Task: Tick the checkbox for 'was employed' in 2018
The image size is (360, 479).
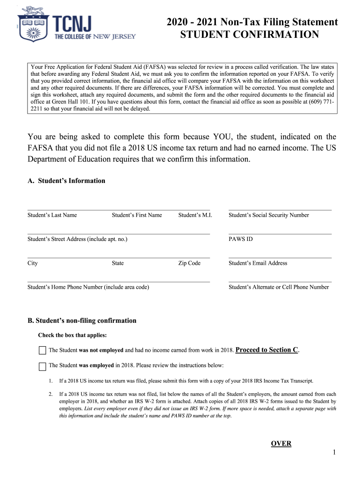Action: (x=43, y=366)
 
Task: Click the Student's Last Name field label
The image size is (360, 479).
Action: (x=52, y=215)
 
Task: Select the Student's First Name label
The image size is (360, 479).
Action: (x=137, y=215)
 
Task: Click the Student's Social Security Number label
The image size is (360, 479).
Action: (x=268, y=215)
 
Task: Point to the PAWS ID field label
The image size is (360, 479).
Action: (x=240, y=239)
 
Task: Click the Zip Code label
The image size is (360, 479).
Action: (x=189, y=263)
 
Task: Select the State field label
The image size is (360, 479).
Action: (x=118, y=263)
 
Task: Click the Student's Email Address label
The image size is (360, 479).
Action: (x=258, y=263)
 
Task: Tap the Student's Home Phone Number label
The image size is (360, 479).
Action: (x=88, y=287)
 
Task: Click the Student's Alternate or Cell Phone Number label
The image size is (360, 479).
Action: (x=279, y=287)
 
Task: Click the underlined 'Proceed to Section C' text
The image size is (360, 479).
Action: (x=267, y=350)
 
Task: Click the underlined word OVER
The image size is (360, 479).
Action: (x=281, y=443)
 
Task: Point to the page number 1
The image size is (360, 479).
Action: (x=335, y=452)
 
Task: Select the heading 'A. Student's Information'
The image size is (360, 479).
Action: (x=66, y=181)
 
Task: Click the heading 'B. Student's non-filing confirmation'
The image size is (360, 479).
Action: (x=82, y=320)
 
